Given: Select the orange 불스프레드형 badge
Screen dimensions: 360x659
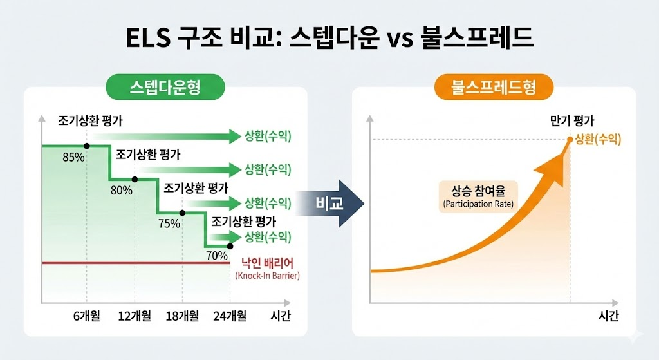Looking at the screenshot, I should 494,86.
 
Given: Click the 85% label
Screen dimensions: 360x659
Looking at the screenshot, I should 73,158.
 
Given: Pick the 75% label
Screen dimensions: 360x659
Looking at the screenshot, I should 169,223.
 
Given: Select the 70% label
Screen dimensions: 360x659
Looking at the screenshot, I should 217,255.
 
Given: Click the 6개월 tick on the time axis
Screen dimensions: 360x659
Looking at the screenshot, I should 87,316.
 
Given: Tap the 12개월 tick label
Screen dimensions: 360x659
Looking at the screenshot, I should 135,316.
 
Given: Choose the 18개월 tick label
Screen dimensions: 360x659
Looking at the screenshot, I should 182,316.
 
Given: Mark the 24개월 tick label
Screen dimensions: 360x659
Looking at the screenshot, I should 230,316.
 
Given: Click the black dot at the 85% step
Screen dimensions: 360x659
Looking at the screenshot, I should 87,146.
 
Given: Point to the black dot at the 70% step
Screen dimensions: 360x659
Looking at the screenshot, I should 230,246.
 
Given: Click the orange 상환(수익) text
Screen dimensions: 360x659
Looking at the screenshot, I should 598,140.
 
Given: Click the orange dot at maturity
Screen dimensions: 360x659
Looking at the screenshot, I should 570,140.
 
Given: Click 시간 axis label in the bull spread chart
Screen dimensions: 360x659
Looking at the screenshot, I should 608,316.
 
